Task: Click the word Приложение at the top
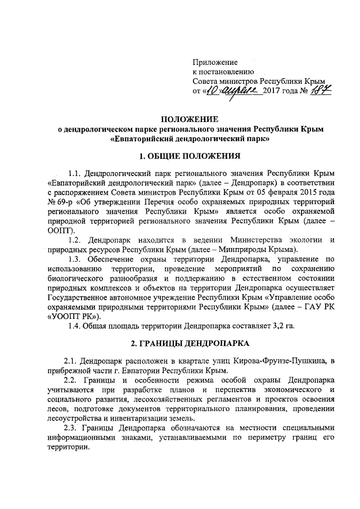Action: pyautogui.click(x=215, y=62)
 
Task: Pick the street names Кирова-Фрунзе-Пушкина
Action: pyautogui.click(x=278, y=361)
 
